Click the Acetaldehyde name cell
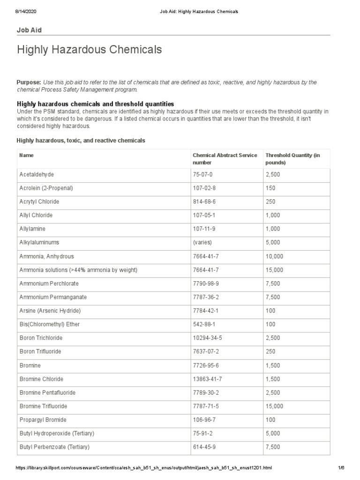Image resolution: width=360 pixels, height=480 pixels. [37, 174]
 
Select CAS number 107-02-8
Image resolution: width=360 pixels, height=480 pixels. [204, 188]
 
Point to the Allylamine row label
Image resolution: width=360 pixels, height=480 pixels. [32, 229]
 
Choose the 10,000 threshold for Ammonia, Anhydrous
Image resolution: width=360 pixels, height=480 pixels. [274, 256]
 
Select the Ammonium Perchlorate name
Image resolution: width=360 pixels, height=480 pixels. [49, 284]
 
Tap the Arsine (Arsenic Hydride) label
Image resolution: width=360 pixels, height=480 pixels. [50, 311]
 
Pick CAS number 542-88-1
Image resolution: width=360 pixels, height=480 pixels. [204, 324]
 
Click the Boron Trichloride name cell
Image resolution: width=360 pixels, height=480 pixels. [41, 338]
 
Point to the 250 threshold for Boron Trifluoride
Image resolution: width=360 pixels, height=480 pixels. [270, 352]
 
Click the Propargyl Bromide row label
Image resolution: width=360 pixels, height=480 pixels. [43, 420]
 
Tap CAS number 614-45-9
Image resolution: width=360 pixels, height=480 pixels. [204, 447]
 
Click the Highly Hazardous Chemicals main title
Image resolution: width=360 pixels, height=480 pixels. [90, 49]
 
